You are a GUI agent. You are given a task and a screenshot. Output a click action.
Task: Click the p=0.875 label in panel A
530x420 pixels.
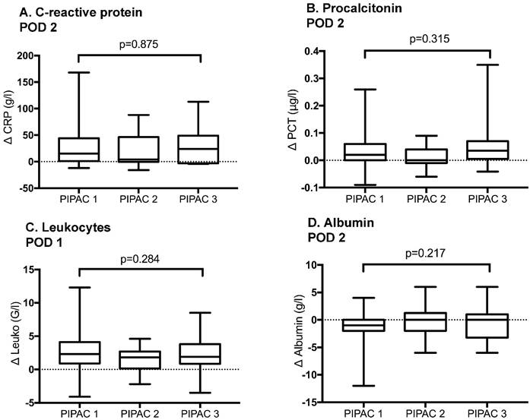click(x=138, y=44)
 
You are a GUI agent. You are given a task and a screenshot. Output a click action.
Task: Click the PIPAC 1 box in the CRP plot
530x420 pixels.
click(x=78, y=149)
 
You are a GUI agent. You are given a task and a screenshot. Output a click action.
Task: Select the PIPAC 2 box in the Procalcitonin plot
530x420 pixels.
click(x=428, y=156)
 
